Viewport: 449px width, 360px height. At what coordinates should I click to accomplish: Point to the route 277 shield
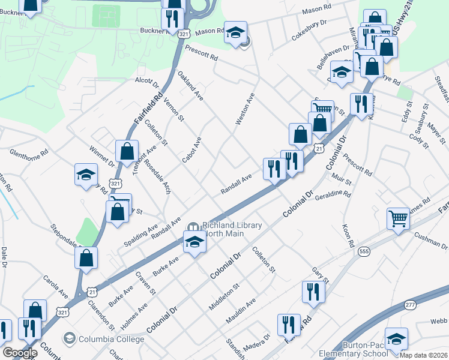(x=410, y=305)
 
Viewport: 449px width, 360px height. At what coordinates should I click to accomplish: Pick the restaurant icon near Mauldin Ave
(x=313, y=292)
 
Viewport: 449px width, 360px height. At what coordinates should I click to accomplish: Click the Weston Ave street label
(x=246, y=109)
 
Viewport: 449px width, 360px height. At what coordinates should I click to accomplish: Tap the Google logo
(x=20, y=352)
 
